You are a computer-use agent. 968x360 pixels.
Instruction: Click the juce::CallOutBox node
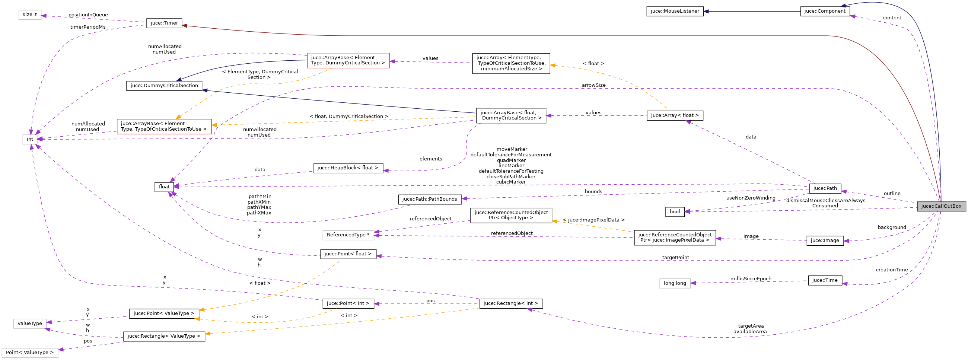941,206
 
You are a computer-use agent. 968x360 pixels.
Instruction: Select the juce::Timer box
164,23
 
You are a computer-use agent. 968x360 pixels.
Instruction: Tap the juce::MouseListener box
675,11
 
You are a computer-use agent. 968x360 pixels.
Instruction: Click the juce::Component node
825,11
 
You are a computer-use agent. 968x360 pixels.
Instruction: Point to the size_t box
30,15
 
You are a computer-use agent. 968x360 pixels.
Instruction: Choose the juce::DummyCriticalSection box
164,86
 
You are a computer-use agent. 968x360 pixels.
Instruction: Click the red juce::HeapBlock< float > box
348,168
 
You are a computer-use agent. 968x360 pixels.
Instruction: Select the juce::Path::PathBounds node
430,199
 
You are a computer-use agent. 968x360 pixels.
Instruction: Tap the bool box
675,211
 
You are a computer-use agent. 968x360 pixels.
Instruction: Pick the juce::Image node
825,240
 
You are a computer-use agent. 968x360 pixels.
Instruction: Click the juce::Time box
825,280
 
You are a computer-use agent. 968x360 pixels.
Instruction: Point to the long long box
675,283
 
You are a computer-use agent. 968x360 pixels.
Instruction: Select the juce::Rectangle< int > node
511,303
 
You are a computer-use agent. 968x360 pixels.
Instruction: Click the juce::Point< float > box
348,254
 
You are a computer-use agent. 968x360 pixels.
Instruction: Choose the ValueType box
30,324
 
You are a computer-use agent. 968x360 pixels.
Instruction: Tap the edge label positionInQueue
88,15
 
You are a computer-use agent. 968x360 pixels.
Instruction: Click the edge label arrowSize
593,85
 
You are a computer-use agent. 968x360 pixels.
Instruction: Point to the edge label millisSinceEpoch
751,279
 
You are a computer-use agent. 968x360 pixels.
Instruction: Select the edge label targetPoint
675,258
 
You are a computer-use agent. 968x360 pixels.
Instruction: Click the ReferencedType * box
348,235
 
